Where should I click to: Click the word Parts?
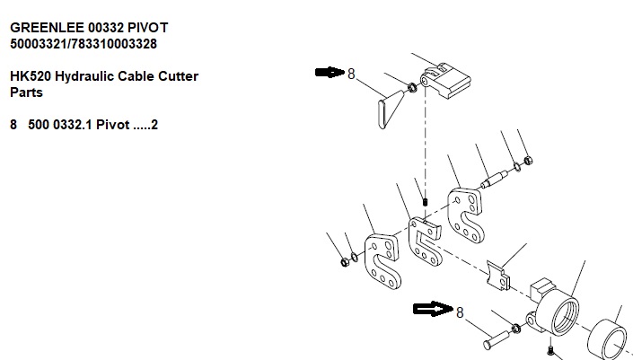27,92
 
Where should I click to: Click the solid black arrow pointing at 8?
330,73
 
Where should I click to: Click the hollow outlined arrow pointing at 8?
432,310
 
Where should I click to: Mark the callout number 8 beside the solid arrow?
351,74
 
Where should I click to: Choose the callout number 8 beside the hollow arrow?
460,312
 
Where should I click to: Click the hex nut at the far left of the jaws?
345,262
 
